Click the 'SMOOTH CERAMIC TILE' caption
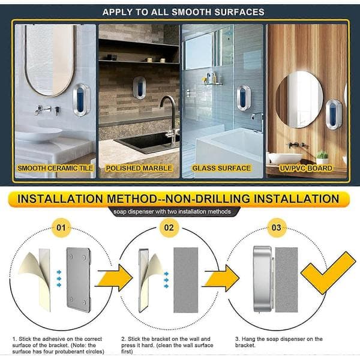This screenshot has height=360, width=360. [x=55, y=168]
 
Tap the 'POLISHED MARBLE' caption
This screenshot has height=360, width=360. [x=139, y=168]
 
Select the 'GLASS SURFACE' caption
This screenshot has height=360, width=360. [x=221, y=168]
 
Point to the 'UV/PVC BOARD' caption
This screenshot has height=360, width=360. [x=306, y=168]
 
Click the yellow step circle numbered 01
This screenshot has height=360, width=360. [x=61, y=227]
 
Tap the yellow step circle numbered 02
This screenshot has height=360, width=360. [x=169, y=227]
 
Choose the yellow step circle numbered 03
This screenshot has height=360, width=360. [x=277, y=227]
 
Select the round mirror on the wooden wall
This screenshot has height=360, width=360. [x=299, y=99]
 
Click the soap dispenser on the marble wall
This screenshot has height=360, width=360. [x=139, y=88]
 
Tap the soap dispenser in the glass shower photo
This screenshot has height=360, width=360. [x=244, y=98]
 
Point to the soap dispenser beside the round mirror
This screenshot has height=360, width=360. [x=334, y=114]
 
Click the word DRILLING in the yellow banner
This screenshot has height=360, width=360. [x=223, y=199]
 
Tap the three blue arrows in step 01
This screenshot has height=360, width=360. [x=59, y=278]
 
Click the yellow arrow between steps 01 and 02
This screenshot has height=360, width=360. [x=114, y=278]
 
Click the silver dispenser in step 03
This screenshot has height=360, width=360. [x=262, y=279]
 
